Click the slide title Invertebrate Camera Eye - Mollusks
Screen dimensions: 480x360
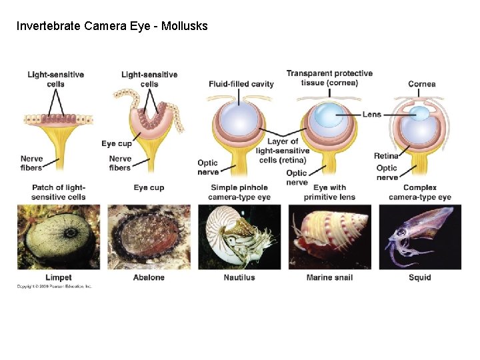[112, 27]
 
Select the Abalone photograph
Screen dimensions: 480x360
[149, 237]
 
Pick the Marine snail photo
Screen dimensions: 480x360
[329, 237]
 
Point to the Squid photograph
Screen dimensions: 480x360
[420, 237]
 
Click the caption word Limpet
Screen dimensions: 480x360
[59, 277]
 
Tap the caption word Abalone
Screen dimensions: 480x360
[149, 277]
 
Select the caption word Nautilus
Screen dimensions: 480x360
[239, 277]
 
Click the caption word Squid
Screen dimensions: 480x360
[420, 277]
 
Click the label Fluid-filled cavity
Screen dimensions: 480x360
[241, 84]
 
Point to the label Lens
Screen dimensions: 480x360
[371, 114]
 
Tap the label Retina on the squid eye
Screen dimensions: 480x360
[387, 156]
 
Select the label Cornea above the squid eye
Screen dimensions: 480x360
[422, 84]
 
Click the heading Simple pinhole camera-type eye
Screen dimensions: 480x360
[239, 192]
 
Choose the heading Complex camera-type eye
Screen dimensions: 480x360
[420, 192]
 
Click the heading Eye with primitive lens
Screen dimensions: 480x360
[329, 192]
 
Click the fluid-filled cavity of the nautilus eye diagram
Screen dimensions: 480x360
[238, 122]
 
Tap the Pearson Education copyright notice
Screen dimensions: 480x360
[55, 287]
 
